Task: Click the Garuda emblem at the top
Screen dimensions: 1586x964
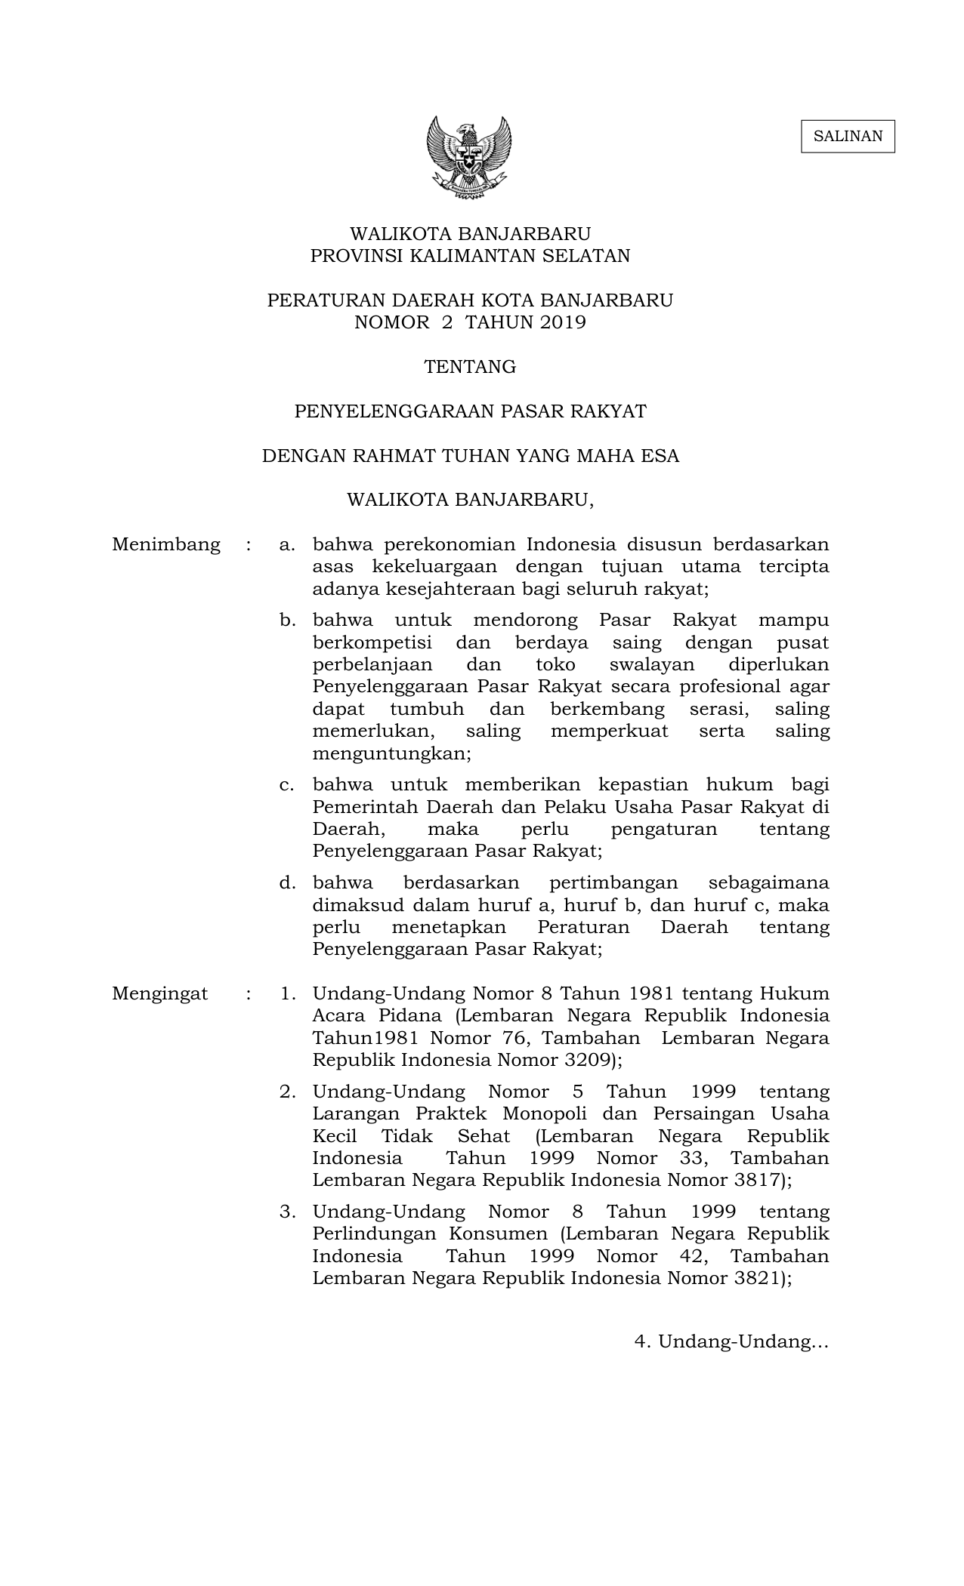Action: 469,157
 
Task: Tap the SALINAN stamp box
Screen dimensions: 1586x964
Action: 848,137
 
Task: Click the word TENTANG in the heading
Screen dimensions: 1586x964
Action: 470,367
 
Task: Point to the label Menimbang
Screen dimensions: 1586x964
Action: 166,544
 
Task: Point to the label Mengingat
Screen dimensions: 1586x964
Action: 159,993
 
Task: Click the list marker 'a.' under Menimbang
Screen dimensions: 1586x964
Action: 286,544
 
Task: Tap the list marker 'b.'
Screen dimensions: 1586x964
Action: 286,621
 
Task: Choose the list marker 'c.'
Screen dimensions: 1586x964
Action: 286,785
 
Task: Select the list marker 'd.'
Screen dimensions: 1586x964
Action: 286,882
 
